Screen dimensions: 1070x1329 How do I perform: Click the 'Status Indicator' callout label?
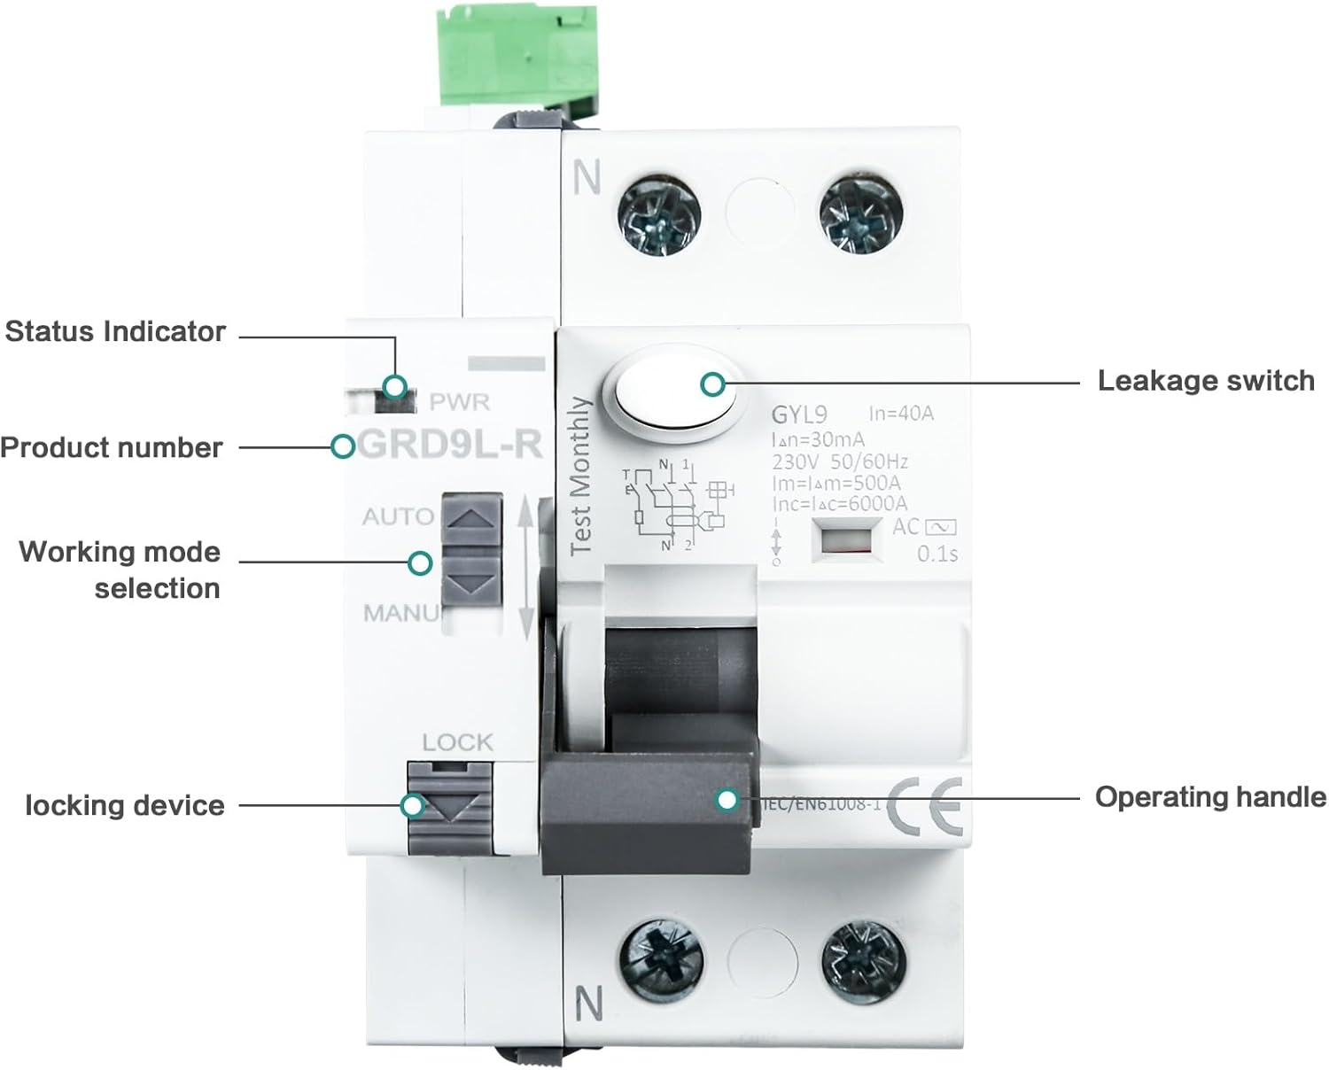[115, 332]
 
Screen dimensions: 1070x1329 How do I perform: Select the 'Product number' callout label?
[112, 447]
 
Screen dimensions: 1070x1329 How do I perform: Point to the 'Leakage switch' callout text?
[1205, 381]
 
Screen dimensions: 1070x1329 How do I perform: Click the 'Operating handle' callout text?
[1210, 797]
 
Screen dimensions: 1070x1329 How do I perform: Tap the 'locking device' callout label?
[125, 805]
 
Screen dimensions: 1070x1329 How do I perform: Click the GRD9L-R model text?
[451, 444]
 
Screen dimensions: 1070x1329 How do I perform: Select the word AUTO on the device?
[398, 516]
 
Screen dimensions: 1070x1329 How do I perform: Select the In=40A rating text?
[901, 414]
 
